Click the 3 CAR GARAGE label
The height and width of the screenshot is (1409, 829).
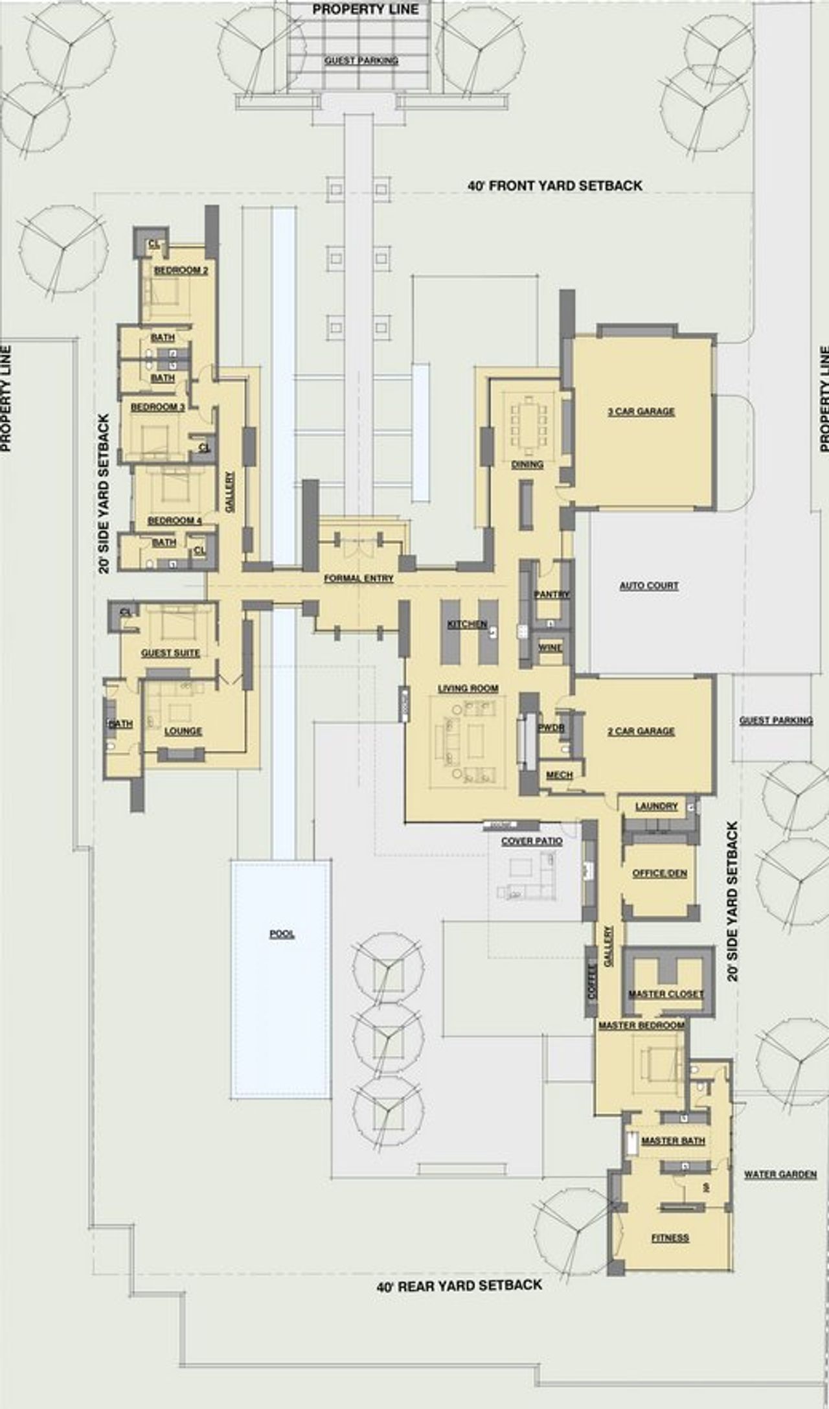tap(641, 411)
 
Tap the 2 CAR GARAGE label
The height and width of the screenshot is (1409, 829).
tap(641, 731)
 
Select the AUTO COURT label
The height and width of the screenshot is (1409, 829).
tap(649, 586)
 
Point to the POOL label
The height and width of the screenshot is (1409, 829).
tap(282, 934)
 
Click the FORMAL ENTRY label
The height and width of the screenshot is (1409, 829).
tap(358, 578)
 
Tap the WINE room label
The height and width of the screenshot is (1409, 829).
tap(550, 648)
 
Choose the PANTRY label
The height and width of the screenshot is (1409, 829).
tap(551, 594)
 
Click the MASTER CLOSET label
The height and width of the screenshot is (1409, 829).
tap(666, 994)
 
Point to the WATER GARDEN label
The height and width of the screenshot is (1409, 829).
tap(780, 1174)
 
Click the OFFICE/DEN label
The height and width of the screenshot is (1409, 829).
tap(659, 873)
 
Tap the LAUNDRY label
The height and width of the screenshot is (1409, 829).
tap(656, 807)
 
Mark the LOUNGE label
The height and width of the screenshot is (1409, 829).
tap(183, 731)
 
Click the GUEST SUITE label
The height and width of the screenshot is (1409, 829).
tap(170, 653)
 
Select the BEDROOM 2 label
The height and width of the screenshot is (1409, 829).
tap(181, 270)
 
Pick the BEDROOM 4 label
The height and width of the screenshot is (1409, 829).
tap(174, 521)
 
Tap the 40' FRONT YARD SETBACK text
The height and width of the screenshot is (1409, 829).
tap(555, 186)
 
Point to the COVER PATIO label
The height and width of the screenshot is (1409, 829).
tap(532, 841)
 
